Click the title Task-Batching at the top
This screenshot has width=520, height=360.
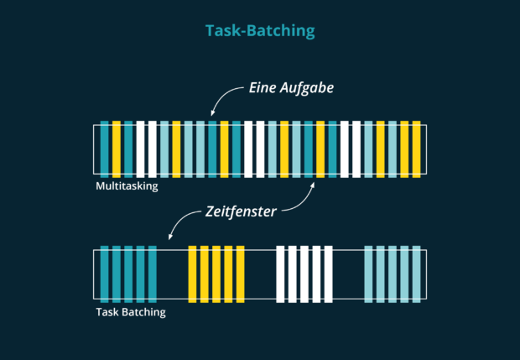click(260, 31)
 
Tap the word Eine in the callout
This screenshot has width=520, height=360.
click(265, 87)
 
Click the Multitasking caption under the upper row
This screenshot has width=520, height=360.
click(127, 186)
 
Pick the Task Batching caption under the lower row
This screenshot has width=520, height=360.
click(131, 312)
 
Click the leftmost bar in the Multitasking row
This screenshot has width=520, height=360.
click(105, 149)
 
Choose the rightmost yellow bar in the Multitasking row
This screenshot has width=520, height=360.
click(416, 149)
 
